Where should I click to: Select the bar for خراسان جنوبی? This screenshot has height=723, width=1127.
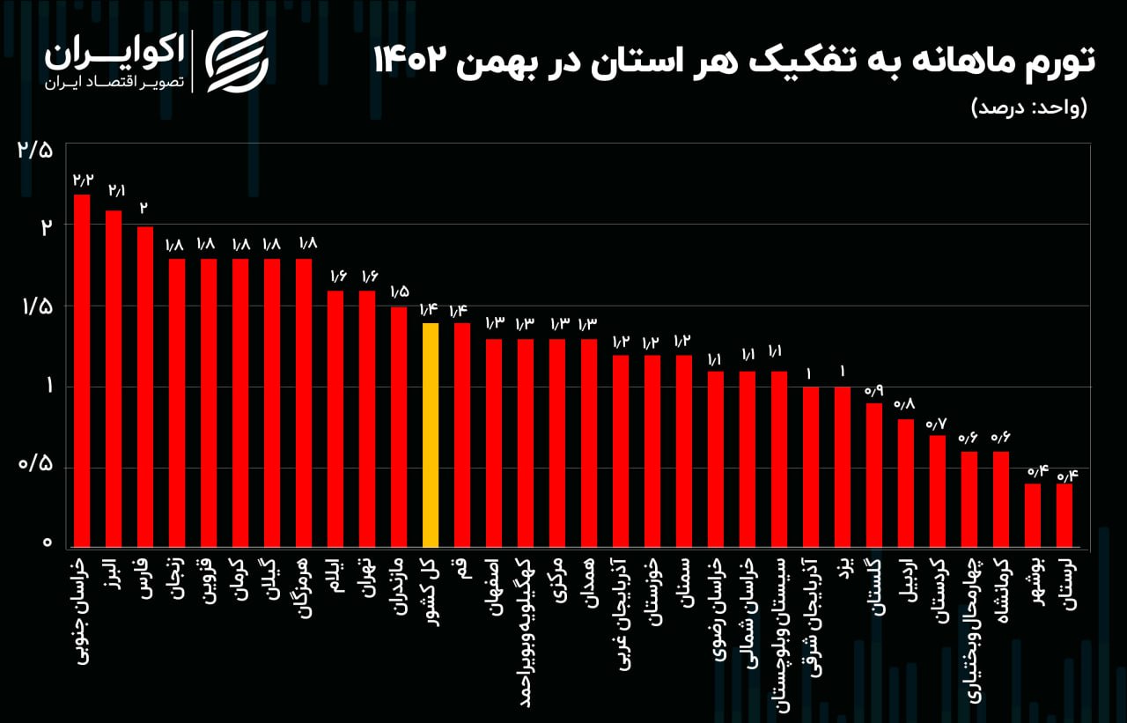(82, 370)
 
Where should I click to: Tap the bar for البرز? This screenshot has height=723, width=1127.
(114, 378)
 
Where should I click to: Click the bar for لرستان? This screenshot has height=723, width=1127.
(1064, 514)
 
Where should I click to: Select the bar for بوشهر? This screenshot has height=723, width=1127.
(1033, 514)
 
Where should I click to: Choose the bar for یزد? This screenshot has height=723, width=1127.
(843, 466)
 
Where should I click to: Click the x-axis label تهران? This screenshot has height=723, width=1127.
(367, 576)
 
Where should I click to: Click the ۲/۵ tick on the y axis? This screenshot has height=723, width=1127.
(35, 149)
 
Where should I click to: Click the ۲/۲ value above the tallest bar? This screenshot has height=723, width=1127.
(83, 181)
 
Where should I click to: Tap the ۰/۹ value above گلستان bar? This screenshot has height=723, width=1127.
(874, 390)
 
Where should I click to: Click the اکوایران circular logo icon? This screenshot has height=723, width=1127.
(237, 60)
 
